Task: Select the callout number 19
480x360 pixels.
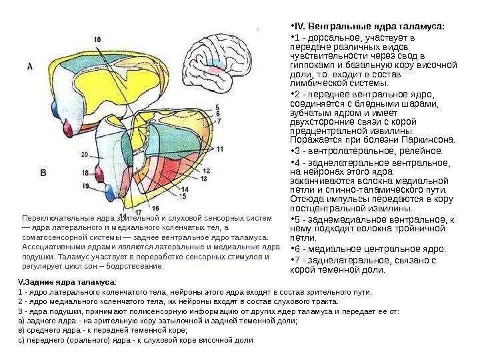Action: [x=85, y=181]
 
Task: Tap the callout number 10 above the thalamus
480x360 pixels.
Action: [x=98, y=39]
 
